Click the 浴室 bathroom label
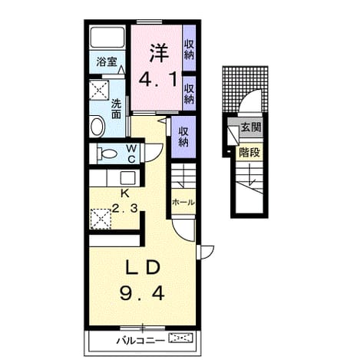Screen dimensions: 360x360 (x=107, y=62)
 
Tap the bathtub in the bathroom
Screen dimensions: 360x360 (x=107, y=37)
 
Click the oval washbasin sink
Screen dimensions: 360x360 (x=97, y=126)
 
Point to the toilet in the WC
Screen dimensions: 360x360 (x=107, y=154)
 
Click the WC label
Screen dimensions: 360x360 (x=131, y=154)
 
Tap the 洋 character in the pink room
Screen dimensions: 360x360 (x=158, y=53)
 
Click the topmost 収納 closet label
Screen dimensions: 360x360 (x=189, y=50)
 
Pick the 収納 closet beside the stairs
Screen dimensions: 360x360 (x=183, y=137)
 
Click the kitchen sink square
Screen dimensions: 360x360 (x=128, y=177)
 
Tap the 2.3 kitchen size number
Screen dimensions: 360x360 (x=125, y=209)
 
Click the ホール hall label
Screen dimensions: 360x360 (x=183, y=203)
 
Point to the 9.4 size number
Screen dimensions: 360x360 (x=142, y=293)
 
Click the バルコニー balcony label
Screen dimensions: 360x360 (x=140, y=341)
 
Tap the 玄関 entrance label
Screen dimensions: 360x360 (x=251, y=127)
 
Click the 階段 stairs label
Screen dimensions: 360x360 (x=249, y=153)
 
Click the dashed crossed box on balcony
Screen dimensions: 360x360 (x=180, y=338)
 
